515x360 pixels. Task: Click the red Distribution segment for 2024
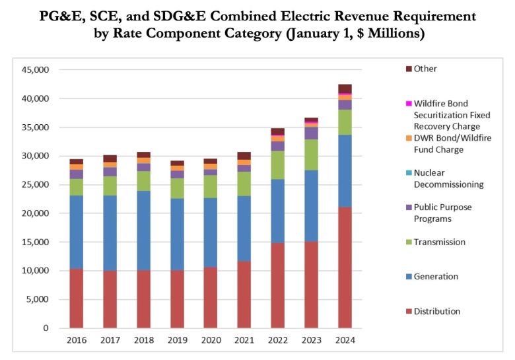point(344,268)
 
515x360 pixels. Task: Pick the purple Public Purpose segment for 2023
point(311,133)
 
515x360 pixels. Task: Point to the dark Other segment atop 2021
point(244,156)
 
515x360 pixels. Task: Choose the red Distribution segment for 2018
point(143,299)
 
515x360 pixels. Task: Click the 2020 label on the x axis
point(211,341)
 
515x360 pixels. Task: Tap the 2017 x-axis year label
point(110,341)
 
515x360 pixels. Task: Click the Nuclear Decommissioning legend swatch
point(409,173)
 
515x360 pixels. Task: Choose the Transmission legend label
point(439,242)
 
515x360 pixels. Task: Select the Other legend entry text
point(425,69)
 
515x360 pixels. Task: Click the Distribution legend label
point(437,311)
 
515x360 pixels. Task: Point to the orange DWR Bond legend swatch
point(409,138)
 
